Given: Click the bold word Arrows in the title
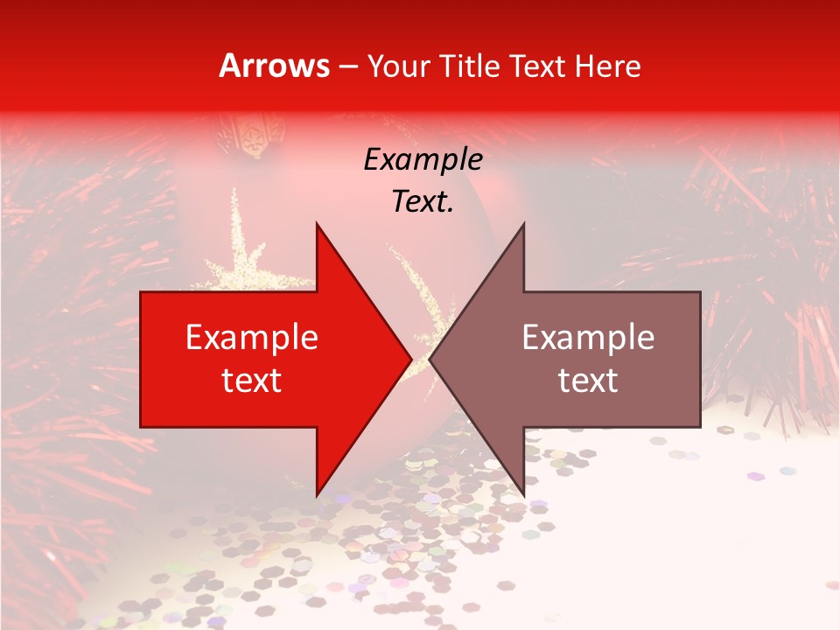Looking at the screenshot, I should pos(275,66).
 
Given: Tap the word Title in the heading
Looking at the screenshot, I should pos(470,66).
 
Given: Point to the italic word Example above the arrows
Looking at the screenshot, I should pos(423,159).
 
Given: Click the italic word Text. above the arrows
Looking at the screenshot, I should pos(423,201).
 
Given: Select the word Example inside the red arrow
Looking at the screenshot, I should pos(252,338).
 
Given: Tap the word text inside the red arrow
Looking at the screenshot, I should pos(252,380).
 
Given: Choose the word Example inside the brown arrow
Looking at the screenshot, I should pos(588,338).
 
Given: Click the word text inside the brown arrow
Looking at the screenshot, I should pos(588,380).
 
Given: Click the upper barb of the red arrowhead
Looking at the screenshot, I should pos(318,229).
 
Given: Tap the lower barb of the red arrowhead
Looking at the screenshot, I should pos(318,491).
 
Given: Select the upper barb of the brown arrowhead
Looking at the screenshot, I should pos(522,229).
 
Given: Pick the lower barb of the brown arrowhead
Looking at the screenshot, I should pos(522,491).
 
